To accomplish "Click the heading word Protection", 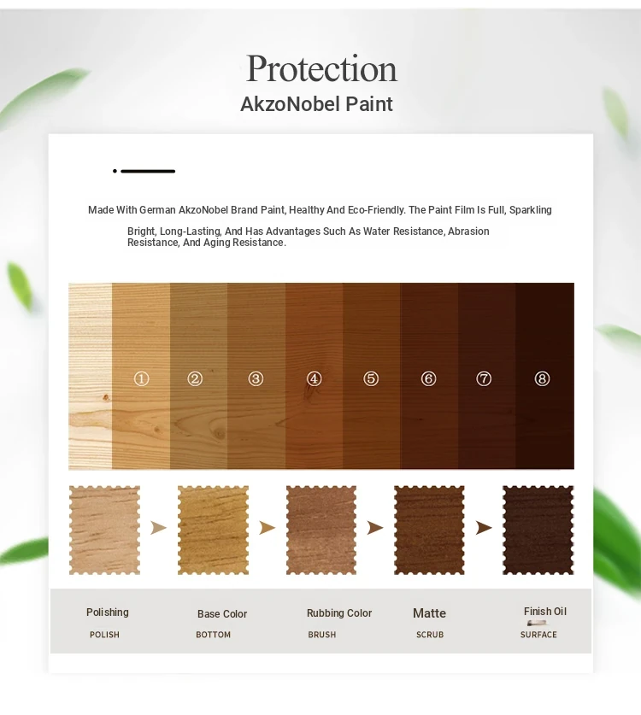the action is coord(321,69).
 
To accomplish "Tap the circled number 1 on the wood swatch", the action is coord(141,378).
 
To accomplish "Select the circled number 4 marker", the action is coord(314,378).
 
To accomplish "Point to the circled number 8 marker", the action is coord(542,378).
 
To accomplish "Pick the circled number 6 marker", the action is coord(428,378).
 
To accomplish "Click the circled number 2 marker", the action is coord(195,378).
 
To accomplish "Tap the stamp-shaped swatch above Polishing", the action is coord(104,530).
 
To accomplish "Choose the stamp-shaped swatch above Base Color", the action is coord(213,530).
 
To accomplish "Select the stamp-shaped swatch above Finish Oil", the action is coord(538,530).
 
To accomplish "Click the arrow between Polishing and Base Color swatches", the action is coord(158,528).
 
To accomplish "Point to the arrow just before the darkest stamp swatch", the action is coord(484,528).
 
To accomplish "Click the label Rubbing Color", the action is coord(339,612).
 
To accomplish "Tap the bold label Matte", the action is coord(429,613).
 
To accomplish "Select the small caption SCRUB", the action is coord(430,635).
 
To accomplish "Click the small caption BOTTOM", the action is coord(213,635).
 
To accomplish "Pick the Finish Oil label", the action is coord(545,611).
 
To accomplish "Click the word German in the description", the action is coord(157,210).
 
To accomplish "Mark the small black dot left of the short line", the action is coord(115,171).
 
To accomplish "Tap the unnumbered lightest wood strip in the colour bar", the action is coord(91,376).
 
